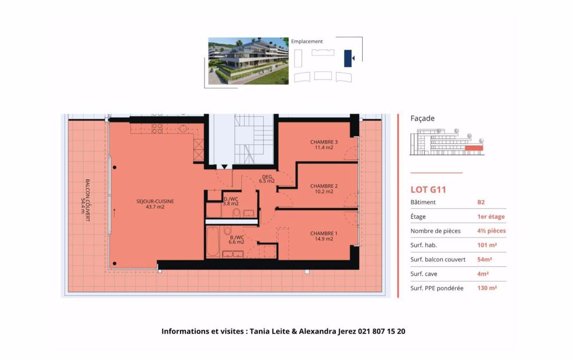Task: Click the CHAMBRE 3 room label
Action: click(x=324, y=145)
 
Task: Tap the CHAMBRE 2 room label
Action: click(x=324, y=189)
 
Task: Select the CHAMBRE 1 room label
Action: click(x=324, y=236)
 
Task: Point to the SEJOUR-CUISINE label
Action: click(x=155, y=204)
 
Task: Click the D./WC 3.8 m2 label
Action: click(x=230, y=201)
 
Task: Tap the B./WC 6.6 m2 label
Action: click(x=237, y=239)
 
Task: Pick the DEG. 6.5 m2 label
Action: click(x=266, y=179)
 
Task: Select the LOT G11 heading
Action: click(x=428, y=189)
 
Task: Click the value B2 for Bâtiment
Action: click(x=481, y=202)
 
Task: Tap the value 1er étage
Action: click(x=491, y=216)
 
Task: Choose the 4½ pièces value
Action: click(x=491, y=231)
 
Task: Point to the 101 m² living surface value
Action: click(x=486, y=245)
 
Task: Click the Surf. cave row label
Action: click(x=425, y=274)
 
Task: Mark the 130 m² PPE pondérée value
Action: click(x=486, y=288)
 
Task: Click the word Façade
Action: click(x=422, y=118)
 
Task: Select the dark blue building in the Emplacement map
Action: click(x=347, y=58)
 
